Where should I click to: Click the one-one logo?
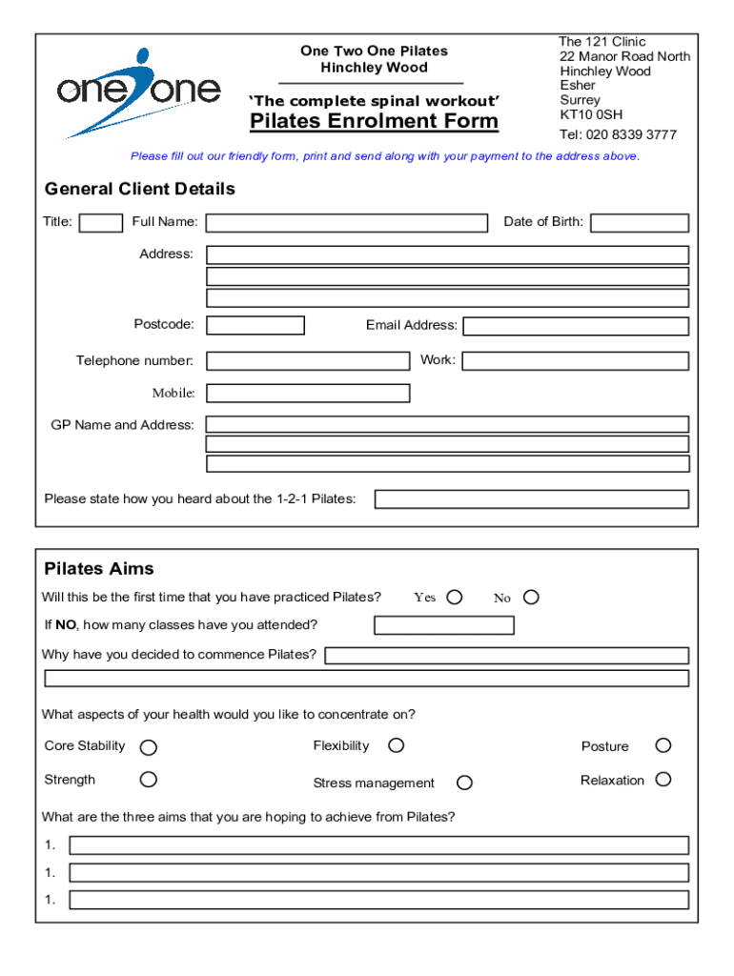138,91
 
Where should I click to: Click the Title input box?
100,223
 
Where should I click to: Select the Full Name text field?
346,223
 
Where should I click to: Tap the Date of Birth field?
639,223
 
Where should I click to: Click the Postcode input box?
255,325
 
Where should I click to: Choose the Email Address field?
576,326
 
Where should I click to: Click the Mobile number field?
308,393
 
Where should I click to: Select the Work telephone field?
576,361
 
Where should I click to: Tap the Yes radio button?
455,597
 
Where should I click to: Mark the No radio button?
531,597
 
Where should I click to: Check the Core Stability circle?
149,747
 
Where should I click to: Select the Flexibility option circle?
396,745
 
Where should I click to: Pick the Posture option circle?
663,745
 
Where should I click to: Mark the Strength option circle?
149,780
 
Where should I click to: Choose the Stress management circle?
464,783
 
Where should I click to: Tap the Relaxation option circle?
663,780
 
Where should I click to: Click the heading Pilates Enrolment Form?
374,121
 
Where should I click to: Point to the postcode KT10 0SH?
591,115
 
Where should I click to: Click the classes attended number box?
444,625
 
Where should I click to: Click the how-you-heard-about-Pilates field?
531,499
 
